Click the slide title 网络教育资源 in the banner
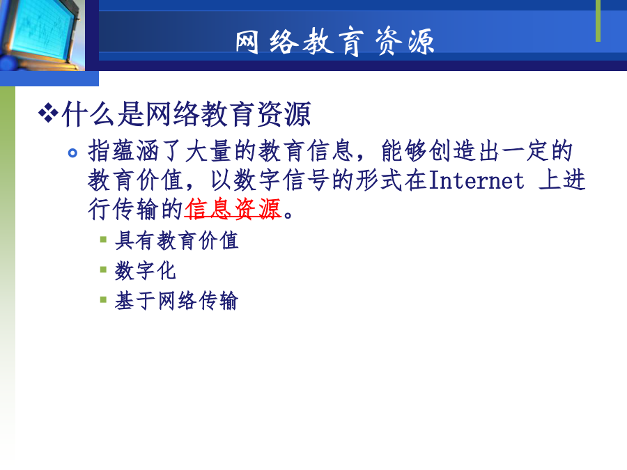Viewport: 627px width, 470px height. pos(334,42)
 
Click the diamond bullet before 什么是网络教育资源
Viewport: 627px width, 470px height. pos(48,113)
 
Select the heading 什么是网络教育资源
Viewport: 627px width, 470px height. pos(186,114)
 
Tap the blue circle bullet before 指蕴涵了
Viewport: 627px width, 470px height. pos(72,152)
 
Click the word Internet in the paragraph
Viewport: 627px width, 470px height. pos(477,180)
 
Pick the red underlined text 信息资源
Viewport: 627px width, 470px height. pos(233,209)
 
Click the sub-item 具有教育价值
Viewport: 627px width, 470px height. pos(177,241)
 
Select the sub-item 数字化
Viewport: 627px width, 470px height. pos(146,271)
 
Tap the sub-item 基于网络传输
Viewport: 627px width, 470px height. pos(177,301)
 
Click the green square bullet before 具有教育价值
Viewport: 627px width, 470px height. pos(103,240)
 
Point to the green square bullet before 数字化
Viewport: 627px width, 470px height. pos(103,269)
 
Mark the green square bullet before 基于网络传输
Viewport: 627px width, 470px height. pos(103,299)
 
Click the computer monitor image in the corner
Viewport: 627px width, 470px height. pos(42,36)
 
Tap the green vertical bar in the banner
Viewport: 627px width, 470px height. pos(598,21)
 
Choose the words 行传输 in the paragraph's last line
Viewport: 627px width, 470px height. pos(123,209)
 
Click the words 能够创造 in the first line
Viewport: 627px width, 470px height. pos(428,151)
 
